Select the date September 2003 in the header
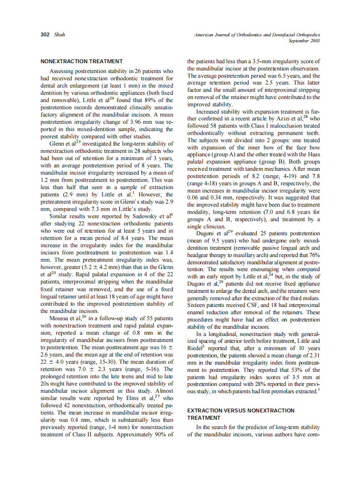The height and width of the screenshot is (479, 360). [304, 41]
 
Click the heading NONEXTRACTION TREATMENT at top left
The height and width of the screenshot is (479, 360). [75, 61]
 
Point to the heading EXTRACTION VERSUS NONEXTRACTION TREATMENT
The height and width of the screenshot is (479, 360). [241, 414]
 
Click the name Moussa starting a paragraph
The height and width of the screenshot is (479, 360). [60, 318]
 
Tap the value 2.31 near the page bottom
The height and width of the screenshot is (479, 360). [313, 355]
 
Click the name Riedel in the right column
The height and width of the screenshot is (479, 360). [196, 348]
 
